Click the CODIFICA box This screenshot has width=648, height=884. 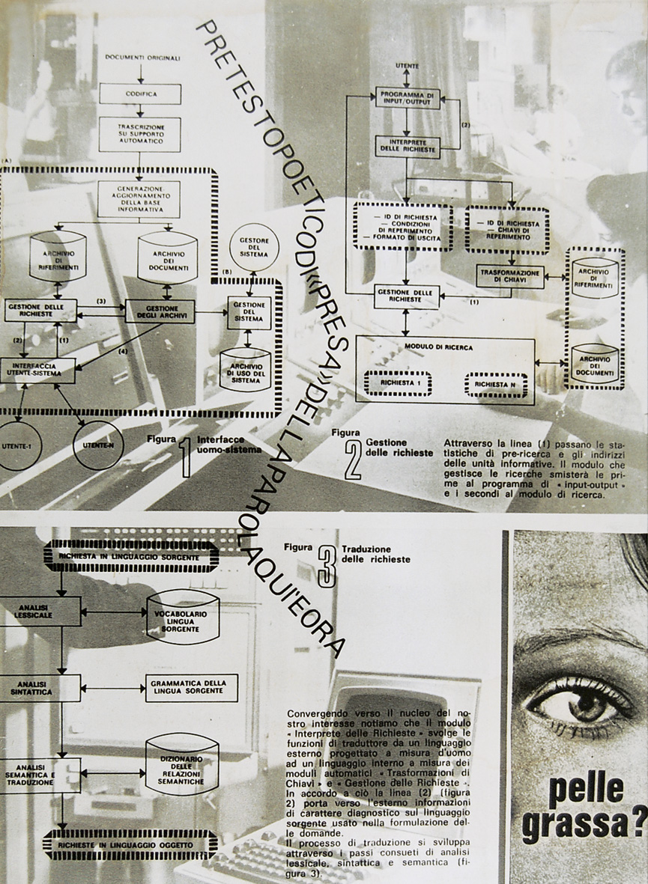pos(140,94)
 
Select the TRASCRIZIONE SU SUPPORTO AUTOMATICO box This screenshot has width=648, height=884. pos(140,134)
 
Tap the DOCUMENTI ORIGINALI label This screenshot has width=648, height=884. pos(140,58)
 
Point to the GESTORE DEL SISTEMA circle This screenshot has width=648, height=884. pos(254,247)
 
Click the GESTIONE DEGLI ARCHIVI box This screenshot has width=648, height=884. pos(160,311)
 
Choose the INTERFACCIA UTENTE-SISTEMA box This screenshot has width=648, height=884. pos(37,370)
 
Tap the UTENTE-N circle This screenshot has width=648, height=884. pos(97,445)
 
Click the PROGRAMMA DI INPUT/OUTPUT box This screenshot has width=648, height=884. pos(408,97)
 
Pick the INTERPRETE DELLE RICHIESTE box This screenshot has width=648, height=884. pos(408,146)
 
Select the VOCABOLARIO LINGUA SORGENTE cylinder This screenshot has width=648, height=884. pos(183,618)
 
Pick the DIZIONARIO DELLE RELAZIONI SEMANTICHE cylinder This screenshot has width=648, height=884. pos(182,764)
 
